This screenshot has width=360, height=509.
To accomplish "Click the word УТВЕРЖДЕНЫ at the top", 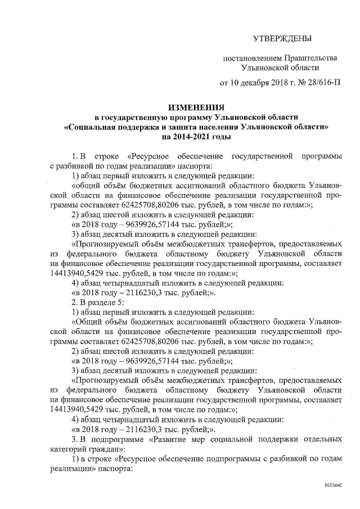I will pyautogui.click(x=281, y=38).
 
